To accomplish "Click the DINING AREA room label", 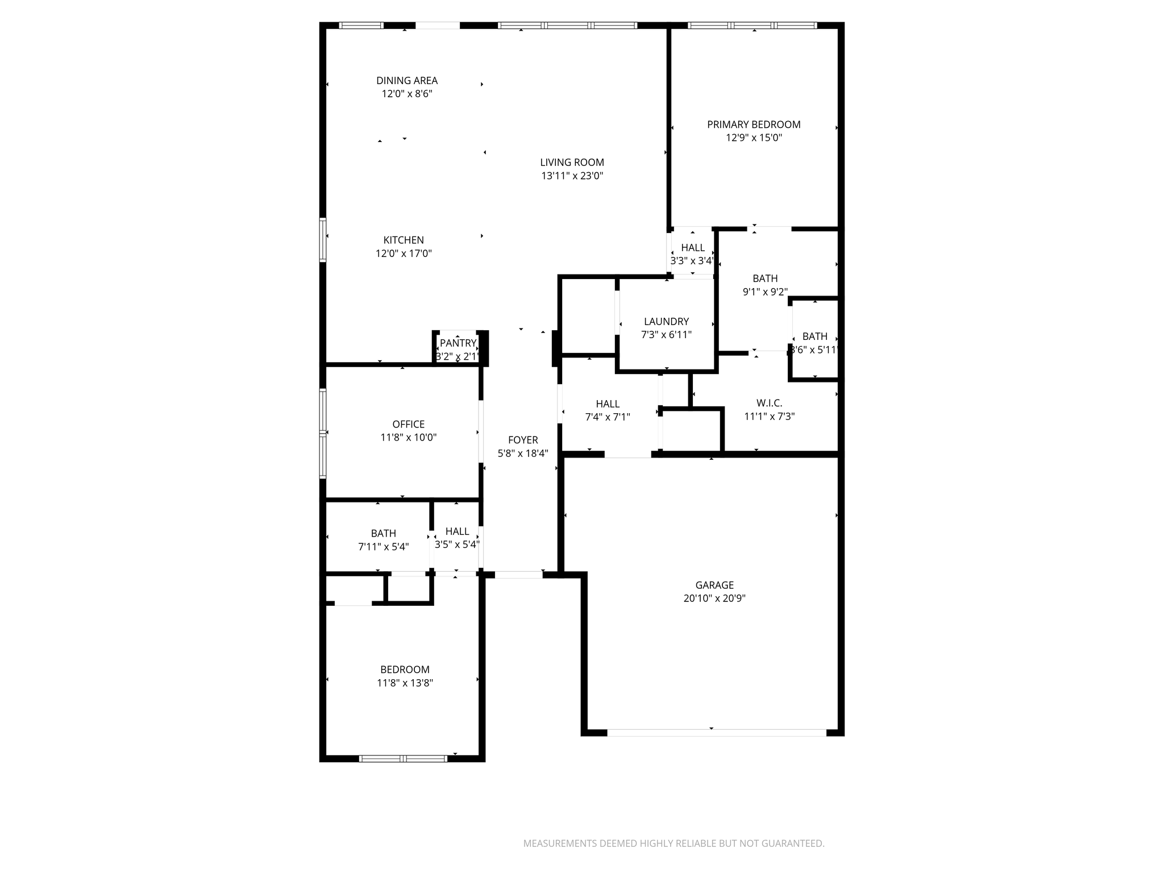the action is click(407, 81).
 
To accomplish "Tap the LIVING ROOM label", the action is click(572, 163).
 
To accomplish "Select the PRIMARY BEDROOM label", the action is click(754, 124).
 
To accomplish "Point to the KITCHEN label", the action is click(404, 240).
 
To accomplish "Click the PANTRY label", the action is click(458, 343).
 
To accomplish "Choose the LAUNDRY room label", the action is click(666, 322).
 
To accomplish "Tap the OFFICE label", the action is click(409, 425).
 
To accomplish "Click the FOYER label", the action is click(523, 440).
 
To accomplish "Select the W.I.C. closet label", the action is click(769, 403).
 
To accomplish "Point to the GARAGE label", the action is click(714, 585).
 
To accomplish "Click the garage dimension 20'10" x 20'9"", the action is click(714, 598).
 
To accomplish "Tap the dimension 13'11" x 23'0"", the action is click(572, 176).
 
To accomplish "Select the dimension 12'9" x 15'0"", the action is click(754, 138).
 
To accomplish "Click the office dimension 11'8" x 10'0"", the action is click(409, 438).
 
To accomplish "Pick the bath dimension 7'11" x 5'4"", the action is click(384, 547).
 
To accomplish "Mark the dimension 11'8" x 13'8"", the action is click(405, 683).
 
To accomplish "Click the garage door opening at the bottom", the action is click(717, 733).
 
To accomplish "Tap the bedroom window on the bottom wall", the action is click(403, 758).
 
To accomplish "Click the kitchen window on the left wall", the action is click(323, 240).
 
